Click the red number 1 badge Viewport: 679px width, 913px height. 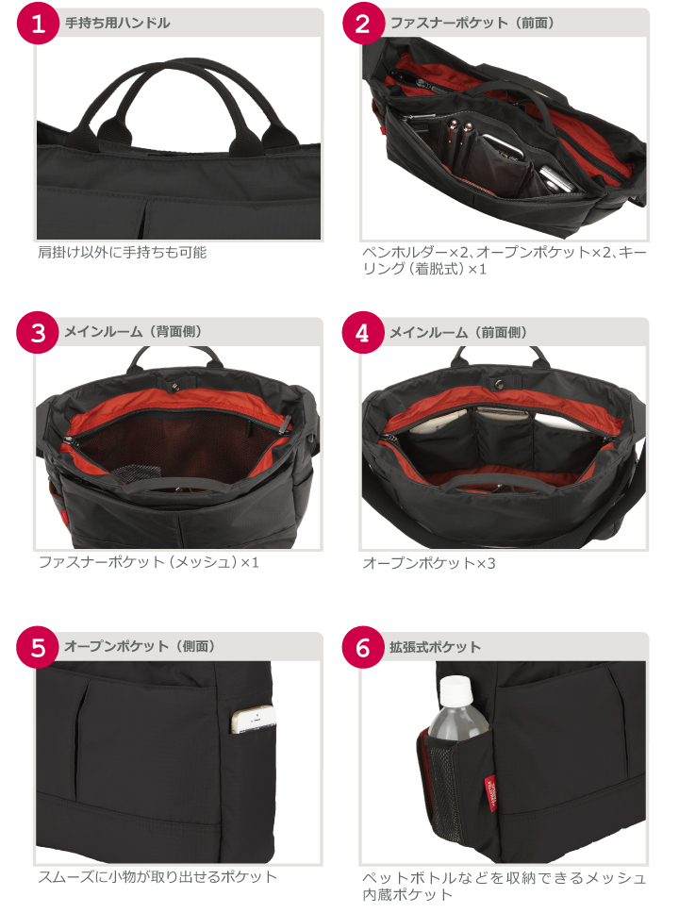38,24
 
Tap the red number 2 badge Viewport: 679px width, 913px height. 362,24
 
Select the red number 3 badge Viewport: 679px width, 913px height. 38,333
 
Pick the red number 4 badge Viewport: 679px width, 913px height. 362,333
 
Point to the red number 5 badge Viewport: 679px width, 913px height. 38,647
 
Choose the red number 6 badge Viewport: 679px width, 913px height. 362,647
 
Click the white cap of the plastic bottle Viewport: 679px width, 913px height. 455,691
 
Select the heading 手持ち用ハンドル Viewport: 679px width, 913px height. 118,24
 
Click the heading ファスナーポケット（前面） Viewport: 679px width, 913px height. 472,24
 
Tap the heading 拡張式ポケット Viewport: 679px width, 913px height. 435,647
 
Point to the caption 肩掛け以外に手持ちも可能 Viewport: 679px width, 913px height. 123,252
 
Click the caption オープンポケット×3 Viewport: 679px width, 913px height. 429,563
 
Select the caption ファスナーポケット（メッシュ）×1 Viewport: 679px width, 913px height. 148,562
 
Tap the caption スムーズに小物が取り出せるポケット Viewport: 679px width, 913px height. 157,877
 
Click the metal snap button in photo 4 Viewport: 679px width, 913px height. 499,383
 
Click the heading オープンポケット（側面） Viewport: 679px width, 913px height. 141,646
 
